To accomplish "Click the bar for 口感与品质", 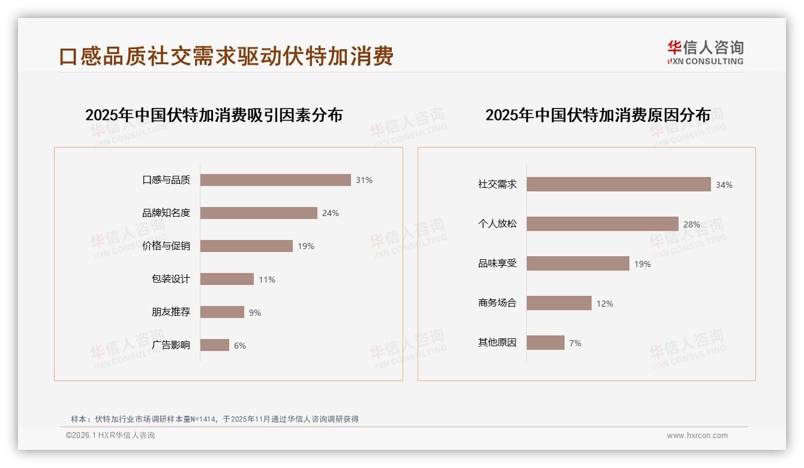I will (275, 180).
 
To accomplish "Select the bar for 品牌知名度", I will (259, 213).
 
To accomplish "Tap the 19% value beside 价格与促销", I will (306, 246).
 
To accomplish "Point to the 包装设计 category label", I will (170, 279).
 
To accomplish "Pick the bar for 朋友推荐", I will (222, 312).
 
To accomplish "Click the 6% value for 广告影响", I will (240, 346).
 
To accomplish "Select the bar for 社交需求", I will (619, 184).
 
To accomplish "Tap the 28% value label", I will (692, 224).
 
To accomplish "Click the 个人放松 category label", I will (497, 224).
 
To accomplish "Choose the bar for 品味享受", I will (578, 263).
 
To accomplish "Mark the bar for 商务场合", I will (559, 303).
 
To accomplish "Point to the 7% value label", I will (575, 343).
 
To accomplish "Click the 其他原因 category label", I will (497, 343).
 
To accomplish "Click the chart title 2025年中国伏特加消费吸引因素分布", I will (214, 115).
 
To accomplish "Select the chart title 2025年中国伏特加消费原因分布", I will (598, 115).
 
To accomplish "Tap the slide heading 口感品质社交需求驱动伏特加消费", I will (226, 56).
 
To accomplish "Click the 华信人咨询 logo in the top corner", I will (705, 52).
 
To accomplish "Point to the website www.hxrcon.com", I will (697, 436).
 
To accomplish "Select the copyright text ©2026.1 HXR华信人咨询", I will (110, 436).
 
